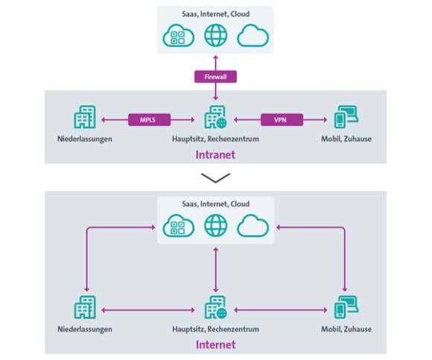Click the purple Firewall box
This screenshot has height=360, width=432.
pos(215,77)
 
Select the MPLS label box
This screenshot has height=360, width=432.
pos(149,120)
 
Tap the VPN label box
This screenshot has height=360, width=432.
pos(282,120)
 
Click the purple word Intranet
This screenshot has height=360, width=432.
pos(215,154)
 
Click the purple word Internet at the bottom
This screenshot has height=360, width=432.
pos(216,345)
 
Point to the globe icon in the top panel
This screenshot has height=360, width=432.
pos(216,36)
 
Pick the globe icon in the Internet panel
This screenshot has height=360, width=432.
pos(216,226)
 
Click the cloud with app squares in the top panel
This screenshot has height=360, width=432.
pos(179,36)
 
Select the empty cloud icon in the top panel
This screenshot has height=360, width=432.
pos(253,36)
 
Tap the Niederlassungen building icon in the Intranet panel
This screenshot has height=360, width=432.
pos(85,117)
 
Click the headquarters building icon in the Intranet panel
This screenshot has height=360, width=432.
pos(215,117)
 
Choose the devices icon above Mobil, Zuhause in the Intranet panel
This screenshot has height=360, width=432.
pos(346,117)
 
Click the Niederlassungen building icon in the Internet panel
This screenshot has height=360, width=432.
pos(85,307)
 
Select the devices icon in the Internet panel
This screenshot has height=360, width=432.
pos(346,307)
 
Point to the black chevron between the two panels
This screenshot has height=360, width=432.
pos(215,178)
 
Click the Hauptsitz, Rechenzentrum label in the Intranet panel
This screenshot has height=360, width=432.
pos(215,139)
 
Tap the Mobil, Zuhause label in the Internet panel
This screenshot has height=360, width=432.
pos(346,329)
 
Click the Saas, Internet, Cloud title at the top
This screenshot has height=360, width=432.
pos(216,14)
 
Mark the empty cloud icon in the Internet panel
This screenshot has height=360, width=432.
pos(253,226)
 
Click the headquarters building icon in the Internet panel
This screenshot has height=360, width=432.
pos(215,307)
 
